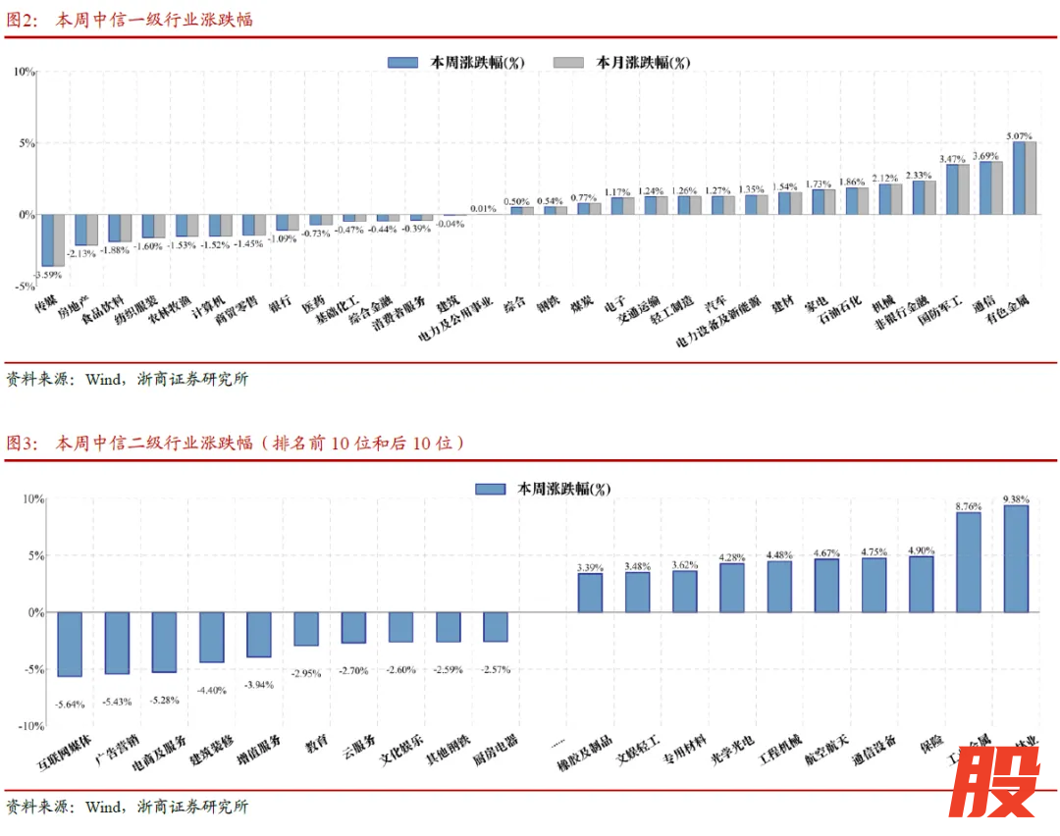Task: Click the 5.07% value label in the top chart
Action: click(1020, 135)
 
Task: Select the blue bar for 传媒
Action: click(47, 239)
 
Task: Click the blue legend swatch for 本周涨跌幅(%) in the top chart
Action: click(403, 62)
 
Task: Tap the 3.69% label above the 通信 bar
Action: click(985, 155)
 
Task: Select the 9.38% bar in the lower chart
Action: click(1016, 558)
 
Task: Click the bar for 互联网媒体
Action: click(70, 644)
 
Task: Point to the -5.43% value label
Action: click(117, 701)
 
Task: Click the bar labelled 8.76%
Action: click(969, 561)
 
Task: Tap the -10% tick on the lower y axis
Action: click(30, 726)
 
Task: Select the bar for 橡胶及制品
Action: click(590, 593)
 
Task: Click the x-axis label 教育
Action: click(316, 744)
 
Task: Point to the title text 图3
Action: click(22, 444)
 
